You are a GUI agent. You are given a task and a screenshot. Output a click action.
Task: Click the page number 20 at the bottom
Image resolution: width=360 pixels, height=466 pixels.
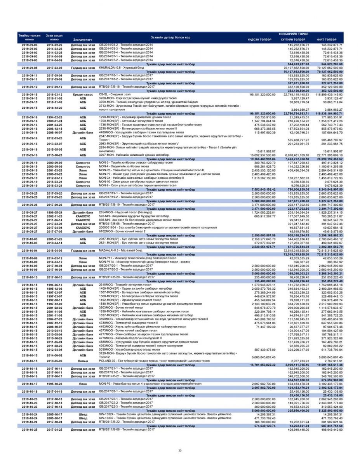[180, 450]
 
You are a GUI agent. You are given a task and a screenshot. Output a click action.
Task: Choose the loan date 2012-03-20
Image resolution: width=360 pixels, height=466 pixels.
[54, 138]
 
